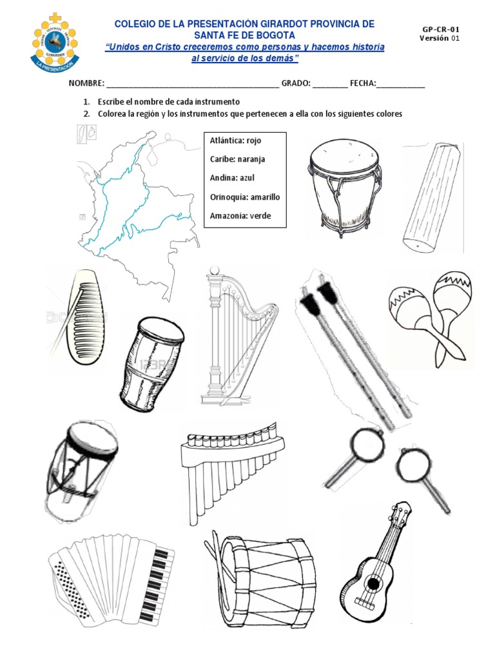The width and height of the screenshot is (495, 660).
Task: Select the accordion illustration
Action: click(111, 580)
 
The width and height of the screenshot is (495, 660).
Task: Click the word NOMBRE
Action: click(86, 84)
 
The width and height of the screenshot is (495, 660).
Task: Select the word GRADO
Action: click(296, 84)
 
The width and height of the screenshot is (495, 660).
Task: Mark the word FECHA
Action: click(362, 84)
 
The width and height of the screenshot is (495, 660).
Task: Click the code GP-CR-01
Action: click(441, 30)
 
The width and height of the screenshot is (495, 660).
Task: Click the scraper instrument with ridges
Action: click(81, 309)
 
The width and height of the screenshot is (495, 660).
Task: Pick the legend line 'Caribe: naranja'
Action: click(237, 159)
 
